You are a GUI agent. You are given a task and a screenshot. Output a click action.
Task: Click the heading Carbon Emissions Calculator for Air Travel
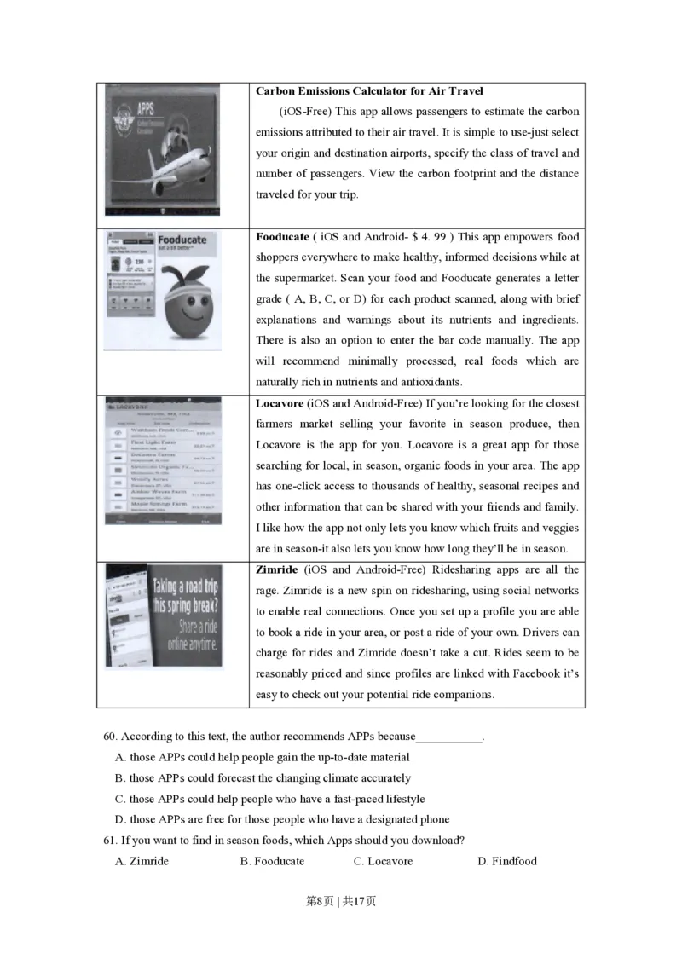coord(369,91)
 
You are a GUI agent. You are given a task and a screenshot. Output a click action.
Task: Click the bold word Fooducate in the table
coord(282,237)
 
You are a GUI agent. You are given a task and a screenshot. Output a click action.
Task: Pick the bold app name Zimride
coord(276,569)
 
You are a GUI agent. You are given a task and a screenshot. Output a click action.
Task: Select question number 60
coord(109,737)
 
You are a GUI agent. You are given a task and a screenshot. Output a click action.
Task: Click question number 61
coord(109,840)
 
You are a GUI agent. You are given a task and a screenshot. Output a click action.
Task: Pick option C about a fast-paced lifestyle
coord(269,799)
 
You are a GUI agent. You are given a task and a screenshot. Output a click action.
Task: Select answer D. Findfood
coord(507,861)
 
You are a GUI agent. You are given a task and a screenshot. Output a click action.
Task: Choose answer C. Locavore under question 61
coord(383,861)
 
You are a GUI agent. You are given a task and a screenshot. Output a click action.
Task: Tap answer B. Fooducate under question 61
coord(272,861)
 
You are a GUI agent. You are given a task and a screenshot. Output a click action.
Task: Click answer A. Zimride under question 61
coord(142,861)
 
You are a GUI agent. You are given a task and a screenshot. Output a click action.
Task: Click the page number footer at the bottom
coord(340,901)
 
